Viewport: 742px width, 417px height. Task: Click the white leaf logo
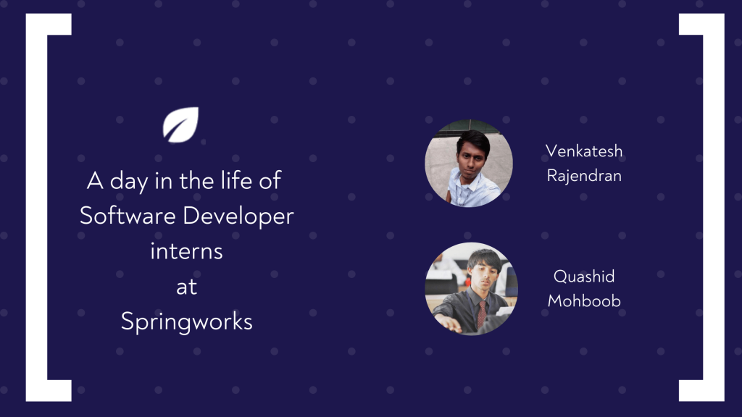[x=180, y=125]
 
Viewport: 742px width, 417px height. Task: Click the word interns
[x=186, y=251]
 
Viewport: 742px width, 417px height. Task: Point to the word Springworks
[x=186, y=321]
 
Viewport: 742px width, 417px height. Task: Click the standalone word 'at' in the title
[x=186, y=287]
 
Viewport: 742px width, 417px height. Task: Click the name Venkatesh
[x=584, y=151]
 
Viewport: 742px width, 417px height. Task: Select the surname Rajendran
[x=584, y=175]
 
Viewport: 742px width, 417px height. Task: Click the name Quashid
[x=584, y=277]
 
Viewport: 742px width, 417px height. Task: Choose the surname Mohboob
[x=584, y=300]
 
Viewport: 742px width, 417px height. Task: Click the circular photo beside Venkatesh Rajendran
[x=469, y=164]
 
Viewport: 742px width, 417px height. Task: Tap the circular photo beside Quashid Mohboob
[x=471, y=289]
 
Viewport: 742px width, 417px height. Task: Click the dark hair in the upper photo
[x=473, y=140]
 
